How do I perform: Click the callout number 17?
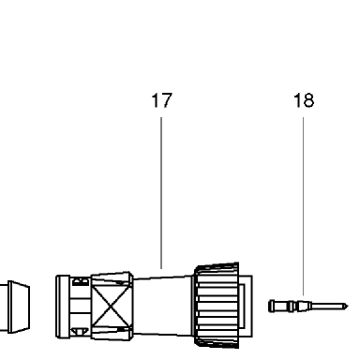tap(161, 100)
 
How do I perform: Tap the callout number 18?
tap(304, 100)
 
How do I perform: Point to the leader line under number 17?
tap(161, 193)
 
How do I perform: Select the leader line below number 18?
tap(303, 206)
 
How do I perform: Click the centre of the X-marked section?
tap(112, 307)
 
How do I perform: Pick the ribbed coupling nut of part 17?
tap(217, 305)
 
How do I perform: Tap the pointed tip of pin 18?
tap(347, 306)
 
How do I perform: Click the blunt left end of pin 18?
tap(270, 306)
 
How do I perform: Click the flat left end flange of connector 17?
tap(63, 307)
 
